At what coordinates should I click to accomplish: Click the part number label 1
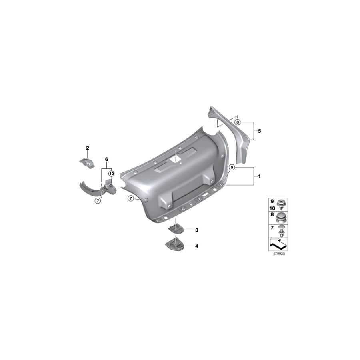click(x=260, y=176)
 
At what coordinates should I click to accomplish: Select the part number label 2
click(x=88, y=149)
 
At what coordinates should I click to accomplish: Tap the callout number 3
click(x=196, y=230)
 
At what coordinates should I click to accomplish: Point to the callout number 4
click(x=196, y=246)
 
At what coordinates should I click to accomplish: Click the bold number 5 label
click(x=260, y=131)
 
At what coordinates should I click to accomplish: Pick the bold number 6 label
click(x=107, y=159)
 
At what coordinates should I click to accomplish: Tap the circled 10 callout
click(x=111, y=174)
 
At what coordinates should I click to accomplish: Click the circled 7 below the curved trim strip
click(x=97, y=201)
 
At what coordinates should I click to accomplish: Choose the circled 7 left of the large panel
click(x=130, y=198)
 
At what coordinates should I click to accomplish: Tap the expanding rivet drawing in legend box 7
click(x=282, y=230)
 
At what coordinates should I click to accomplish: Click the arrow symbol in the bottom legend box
click(x=278, y=243)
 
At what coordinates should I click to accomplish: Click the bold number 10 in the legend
click(x=273, y=208)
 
